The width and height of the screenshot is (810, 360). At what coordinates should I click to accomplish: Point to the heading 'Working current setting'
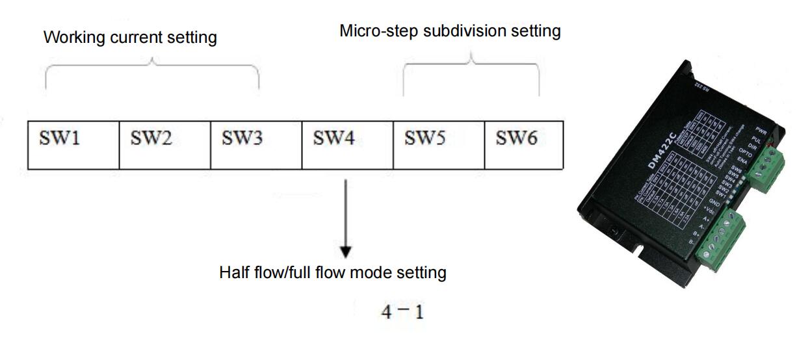(x=130, y=37)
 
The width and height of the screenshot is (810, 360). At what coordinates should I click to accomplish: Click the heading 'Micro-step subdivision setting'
(x=450, y=31)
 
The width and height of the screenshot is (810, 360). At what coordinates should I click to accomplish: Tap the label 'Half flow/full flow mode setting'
(x=333, y=272)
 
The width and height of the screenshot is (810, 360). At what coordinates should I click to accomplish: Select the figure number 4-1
(x=402, y=313)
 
